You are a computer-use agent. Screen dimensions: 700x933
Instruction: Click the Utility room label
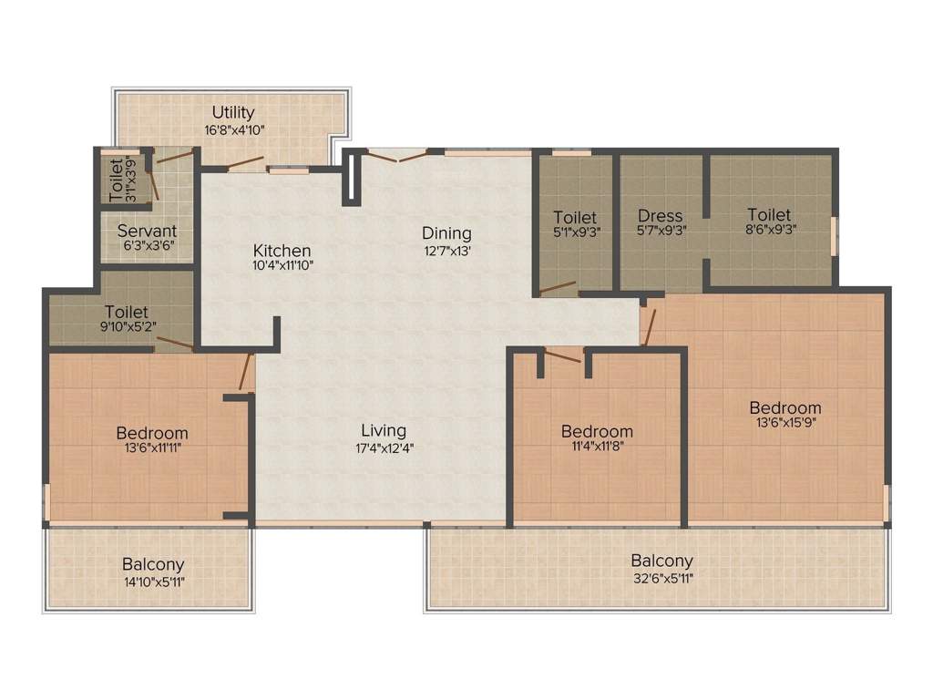click(233, 113)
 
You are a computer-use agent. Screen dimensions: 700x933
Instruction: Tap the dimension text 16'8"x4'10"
click(234, 130)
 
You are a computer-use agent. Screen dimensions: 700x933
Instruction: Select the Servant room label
click(147, 231)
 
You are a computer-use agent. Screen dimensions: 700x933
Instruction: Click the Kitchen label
click(282, 251)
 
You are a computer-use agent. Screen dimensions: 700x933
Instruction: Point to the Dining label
click(446, 233)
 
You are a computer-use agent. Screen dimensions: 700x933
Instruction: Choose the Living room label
click(384, 430)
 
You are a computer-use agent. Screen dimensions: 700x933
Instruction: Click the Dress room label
click(661, 216)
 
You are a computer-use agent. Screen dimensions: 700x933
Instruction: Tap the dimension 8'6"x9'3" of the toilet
click(770, 232)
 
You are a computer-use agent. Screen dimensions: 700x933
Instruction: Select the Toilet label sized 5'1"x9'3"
click(575, 217)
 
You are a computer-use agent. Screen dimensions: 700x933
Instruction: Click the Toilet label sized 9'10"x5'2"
click(127, 311)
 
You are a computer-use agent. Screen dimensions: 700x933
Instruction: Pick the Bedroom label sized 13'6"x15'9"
click(785, 407)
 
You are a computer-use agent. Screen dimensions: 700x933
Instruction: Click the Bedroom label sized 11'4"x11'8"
click(597, 431)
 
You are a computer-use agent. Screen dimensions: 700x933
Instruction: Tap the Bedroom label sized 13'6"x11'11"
click(152, 433)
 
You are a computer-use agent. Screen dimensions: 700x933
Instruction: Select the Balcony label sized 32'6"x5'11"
click(662, 561)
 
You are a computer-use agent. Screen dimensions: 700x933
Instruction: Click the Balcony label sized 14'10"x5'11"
click(153, 564)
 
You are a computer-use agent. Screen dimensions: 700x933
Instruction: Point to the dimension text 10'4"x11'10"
click(282, 266)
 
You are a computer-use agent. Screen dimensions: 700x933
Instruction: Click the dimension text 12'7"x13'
click(446, 250)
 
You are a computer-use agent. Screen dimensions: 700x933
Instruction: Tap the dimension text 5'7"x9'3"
click(661, 232)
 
